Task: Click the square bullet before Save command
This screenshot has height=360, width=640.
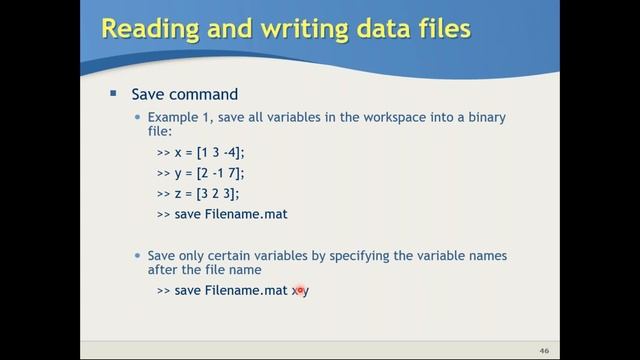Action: coord(113,94)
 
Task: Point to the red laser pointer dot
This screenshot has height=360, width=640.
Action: coord(298,290)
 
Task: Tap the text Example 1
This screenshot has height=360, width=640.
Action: coord(175,117)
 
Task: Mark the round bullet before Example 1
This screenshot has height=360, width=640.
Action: coord(139,118)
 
